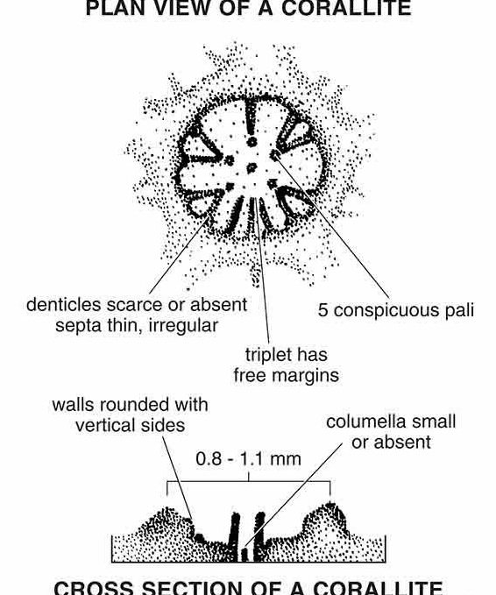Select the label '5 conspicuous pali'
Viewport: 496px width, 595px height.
(396, 310)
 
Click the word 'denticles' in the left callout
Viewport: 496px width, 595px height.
(64, 304)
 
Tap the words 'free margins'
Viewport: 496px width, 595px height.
(287, 376)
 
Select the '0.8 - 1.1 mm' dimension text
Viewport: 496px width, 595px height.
(249, 459)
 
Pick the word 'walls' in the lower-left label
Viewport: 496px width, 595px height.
(73, 405)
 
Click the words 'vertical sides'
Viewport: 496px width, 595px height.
(131, 425)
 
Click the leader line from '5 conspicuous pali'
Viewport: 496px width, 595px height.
(332, 227)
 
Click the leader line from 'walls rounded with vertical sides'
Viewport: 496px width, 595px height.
(177, 478)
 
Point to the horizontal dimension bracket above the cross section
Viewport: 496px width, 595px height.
(249, 482)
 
